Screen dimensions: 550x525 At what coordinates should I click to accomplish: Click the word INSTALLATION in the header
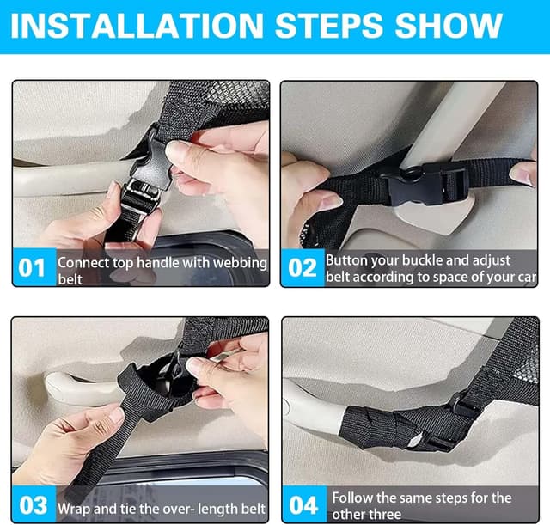137,26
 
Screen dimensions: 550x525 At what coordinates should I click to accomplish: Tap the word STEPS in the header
328,26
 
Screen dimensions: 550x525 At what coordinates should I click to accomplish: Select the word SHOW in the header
449,26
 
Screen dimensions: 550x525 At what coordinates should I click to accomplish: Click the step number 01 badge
34,267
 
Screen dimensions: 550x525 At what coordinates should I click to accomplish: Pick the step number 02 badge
302,267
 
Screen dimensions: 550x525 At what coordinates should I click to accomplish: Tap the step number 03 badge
34,504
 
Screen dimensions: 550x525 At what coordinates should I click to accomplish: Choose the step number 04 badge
303,504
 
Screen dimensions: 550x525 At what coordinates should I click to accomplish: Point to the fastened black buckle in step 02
426,185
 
